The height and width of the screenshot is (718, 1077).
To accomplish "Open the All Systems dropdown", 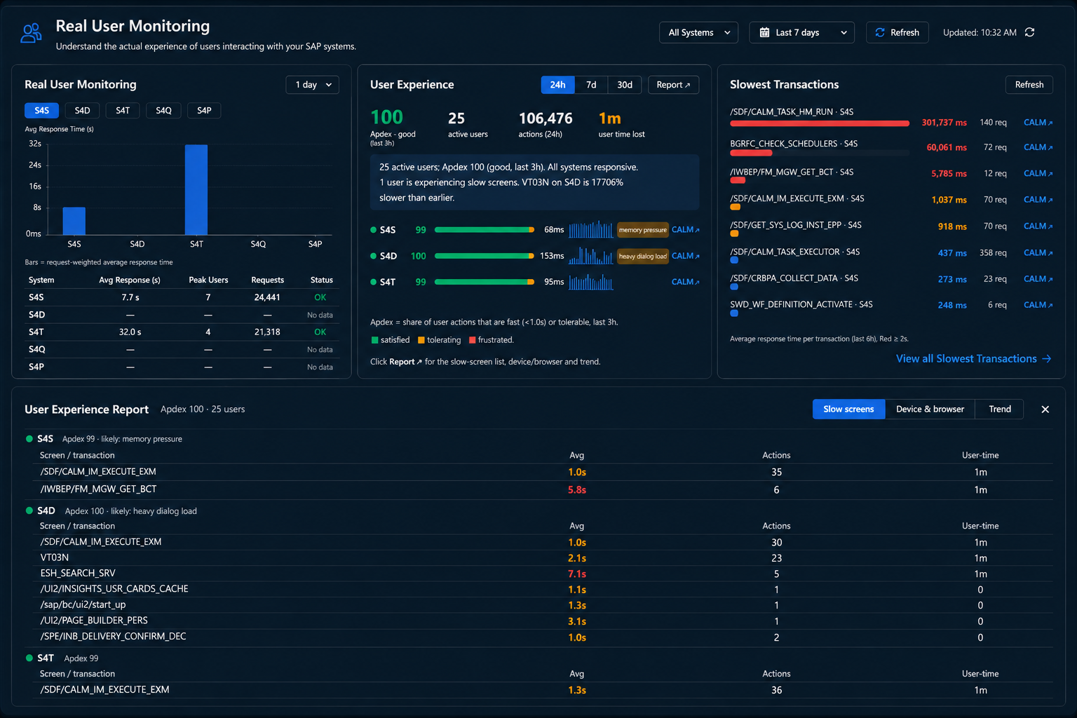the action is (x=698, y=33).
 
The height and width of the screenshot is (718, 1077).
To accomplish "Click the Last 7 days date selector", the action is (x=801, y=33).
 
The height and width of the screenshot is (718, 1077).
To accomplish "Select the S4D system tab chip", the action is (x=82, y=110).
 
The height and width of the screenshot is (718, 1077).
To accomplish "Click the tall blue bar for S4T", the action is (x=196, y=189).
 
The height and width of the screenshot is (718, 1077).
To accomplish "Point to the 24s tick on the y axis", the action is (x=35, y=165).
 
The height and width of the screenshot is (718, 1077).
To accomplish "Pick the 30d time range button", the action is (x=625, y=85).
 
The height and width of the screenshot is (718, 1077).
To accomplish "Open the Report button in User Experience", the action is (x=673, y=85).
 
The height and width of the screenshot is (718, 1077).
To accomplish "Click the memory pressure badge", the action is (x=642, y=230).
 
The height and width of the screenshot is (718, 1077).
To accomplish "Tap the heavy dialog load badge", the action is (x=642, y=257).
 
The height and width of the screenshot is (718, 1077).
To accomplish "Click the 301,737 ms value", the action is (x=944, y=123).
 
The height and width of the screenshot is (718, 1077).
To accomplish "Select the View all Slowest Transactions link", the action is (x=973, y=359).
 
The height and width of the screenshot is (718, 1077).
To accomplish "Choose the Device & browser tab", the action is (x=930, y=409).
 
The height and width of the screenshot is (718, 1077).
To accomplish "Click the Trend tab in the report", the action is (x=1000, y=409).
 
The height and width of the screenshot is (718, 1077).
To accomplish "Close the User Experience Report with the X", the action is (x=1045, y=409).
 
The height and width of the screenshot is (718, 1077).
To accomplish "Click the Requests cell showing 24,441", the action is (x=267, y=298).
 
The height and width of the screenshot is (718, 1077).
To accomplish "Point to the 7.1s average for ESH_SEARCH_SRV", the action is (x=577, y=574).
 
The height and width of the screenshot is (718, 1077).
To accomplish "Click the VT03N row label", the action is (x=54, y=558).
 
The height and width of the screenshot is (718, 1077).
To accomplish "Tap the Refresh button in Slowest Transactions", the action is (x=1029, y=85).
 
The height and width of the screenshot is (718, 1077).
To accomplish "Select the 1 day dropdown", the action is (x=313, y=85).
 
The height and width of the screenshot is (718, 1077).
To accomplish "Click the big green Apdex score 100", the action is (x=386, y=117).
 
